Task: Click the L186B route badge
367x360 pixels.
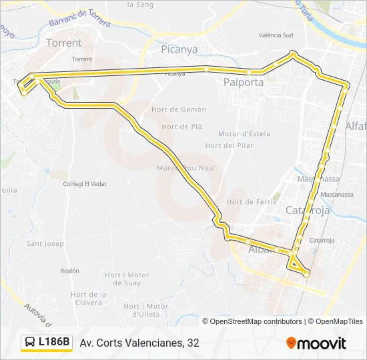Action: pyautogui.click(x=46, y=343)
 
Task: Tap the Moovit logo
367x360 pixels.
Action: pyautogui.click(x=316, y=343)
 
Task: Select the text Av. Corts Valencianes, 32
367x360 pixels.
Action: pyautogui.click(x=139, y=343)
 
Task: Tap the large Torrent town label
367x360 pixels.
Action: pyautogui.click(x=64, y=43)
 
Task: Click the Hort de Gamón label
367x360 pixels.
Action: pyautogui.click(x=183, y=109)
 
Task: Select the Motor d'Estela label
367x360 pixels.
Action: pyautogui.click(x=244, y=133)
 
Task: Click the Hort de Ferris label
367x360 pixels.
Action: pyautogui.click(x=248, y=201)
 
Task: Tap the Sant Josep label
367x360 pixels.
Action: pyautogui.click(x=45, y=243)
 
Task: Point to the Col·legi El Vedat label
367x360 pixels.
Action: pyautogui.click(x=85, y=183)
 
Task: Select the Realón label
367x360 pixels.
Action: pyautogui.click(x=69, y=271)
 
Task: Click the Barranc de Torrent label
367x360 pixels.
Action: pyautogui.click(x=80, y=18)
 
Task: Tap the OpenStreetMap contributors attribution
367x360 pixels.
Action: pyautogui.click(x=256, y=321)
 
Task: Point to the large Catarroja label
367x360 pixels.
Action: pyautogui.click(x=308, y=211)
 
